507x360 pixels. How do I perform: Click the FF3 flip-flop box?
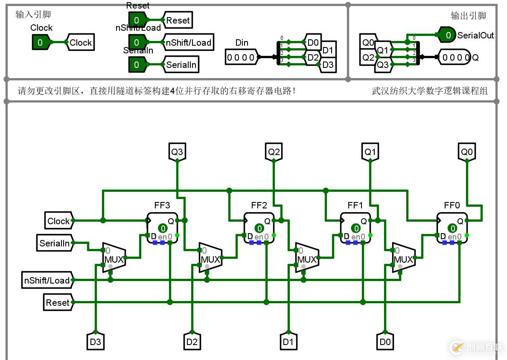[163, 228]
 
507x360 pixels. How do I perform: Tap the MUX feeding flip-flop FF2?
[210, 258]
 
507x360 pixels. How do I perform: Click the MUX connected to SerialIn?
[114, 258]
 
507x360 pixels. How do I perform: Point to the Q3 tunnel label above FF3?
[177, 152]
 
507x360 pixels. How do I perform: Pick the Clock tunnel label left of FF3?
[58, 221]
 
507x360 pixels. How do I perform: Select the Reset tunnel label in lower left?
[58, 302]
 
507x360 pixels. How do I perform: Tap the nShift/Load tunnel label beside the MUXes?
[47, 281]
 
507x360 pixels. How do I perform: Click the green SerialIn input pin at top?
[137, 64]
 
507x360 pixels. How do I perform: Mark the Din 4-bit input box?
[241, 57]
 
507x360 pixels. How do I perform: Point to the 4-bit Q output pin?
[455, 57]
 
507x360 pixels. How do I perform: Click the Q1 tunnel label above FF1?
[370, 152]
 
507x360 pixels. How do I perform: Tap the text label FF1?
[355, 205]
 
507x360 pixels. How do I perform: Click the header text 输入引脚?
[33, 15]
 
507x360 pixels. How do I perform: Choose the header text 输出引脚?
[469, 16]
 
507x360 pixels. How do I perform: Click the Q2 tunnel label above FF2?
[274, 152]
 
